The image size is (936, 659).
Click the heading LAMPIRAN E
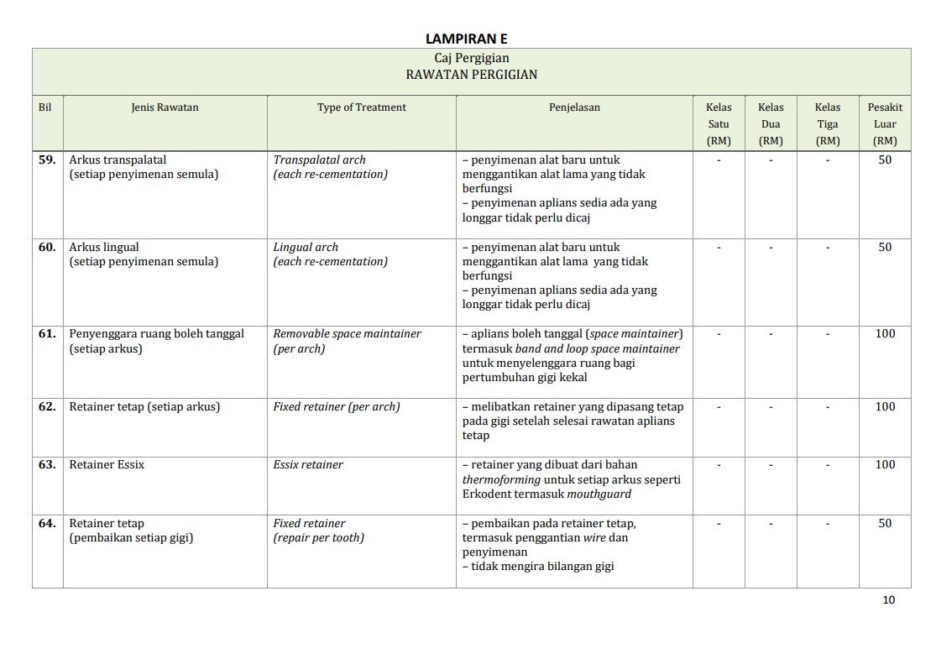[x=466, y=39]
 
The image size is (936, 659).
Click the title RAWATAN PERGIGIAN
[x=471, y=74]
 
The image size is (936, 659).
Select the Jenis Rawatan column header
[x=165, y=107]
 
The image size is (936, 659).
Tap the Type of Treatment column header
[x=361, y=107]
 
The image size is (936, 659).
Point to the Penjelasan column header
[x=574, y=107]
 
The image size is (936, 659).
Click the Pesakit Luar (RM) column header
[x=885, y=123]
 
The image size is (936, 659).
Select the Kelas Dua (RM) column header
[x=770, y=123]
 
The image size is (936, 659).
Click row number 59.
[x=47, y=160]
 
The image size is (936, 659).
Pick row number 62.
[x=47, y=406]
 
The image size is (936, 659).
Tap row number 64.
[x=47, y=523]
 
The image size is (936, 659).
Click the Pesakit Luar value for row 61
[x=885, y=333]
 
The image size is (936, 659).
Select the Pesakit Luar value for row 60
[x=885, y=247]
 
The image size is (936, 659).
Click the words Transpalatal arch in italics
[x=319, y=160]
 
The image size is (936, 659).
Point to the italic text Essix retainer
[x=308, y=464]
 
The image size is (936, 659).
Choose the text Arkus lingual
[x=104, y=247]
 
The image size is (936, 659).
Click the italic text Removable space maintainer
[x=347, y=333]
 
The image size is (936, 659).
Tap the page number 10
[x=889, y=599]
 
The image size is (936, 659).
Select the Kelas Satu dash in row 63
[x=719, y=464]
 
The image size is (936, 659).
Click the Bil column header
[x=45, y=107]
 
